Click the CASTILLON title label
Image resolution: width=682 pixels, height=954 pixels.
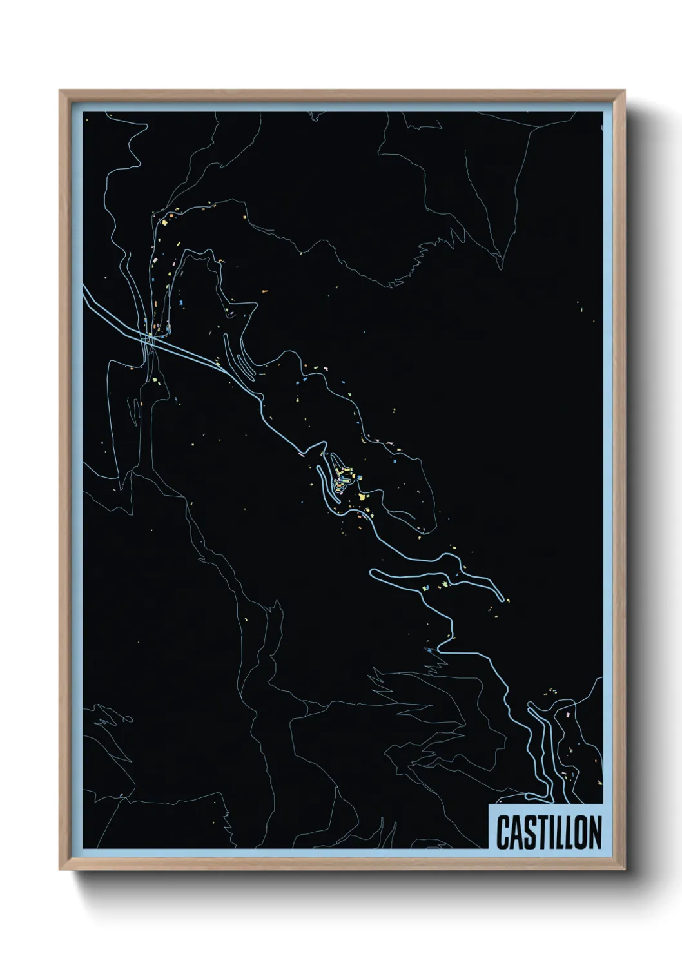pyautogui.click(x=549, y=832)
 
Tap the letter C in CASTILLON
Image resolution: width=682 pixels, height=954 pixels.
pyautogui.click(x=503, y=832)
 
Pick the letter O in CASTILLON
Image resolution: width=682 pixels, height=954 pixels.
pyautogui.click(x=579, y=832)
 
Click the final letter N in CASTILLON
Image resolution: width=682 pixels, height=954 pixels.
pyautogui.click(x=594, y=832)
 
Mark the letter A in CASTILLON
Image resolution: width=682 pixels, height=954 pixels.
pyautogui.click(x=516, y=832)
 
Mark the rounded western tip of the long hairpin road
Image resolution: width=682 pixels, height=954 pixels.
pyautogui.click(x=373, y=572)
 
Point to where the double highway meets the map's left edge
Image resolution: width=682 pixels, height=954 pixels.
pyautogui.click(x=84, y=288)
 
